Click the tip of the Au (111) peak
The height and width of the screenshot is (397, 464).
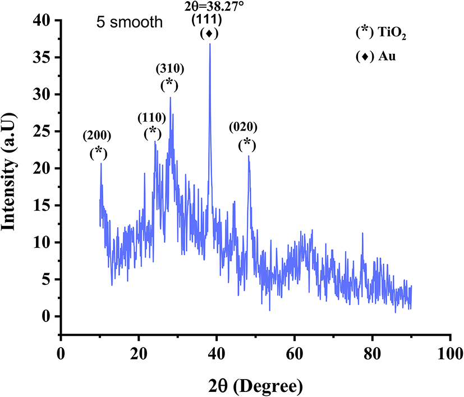point(210,44)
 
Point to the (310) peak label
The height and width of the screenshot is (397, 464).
point(169,69)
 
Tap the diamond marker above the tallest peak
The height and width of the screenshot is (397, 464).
point(209,34)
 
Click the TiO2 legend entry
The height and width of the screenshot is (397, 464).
point(380,34)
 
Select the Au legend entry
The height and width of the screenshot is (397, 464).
point(376,57)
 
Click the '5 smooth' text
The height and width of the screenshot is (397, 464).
point(128,24)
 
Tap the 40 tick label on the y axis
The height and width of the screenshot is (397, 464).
point(42,21)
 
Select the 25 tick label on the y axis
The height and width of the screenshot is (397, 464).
point(42,131)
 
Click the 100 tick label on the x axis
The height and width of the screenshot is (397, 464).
point(449,353)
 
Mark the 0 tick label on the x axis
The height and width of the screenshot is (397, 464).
point(61,353)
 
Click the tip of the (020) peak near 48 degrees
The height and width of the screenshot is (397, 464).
point(248,156)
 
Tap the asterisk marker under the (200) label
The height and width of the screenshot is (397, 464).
point(99,151)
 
